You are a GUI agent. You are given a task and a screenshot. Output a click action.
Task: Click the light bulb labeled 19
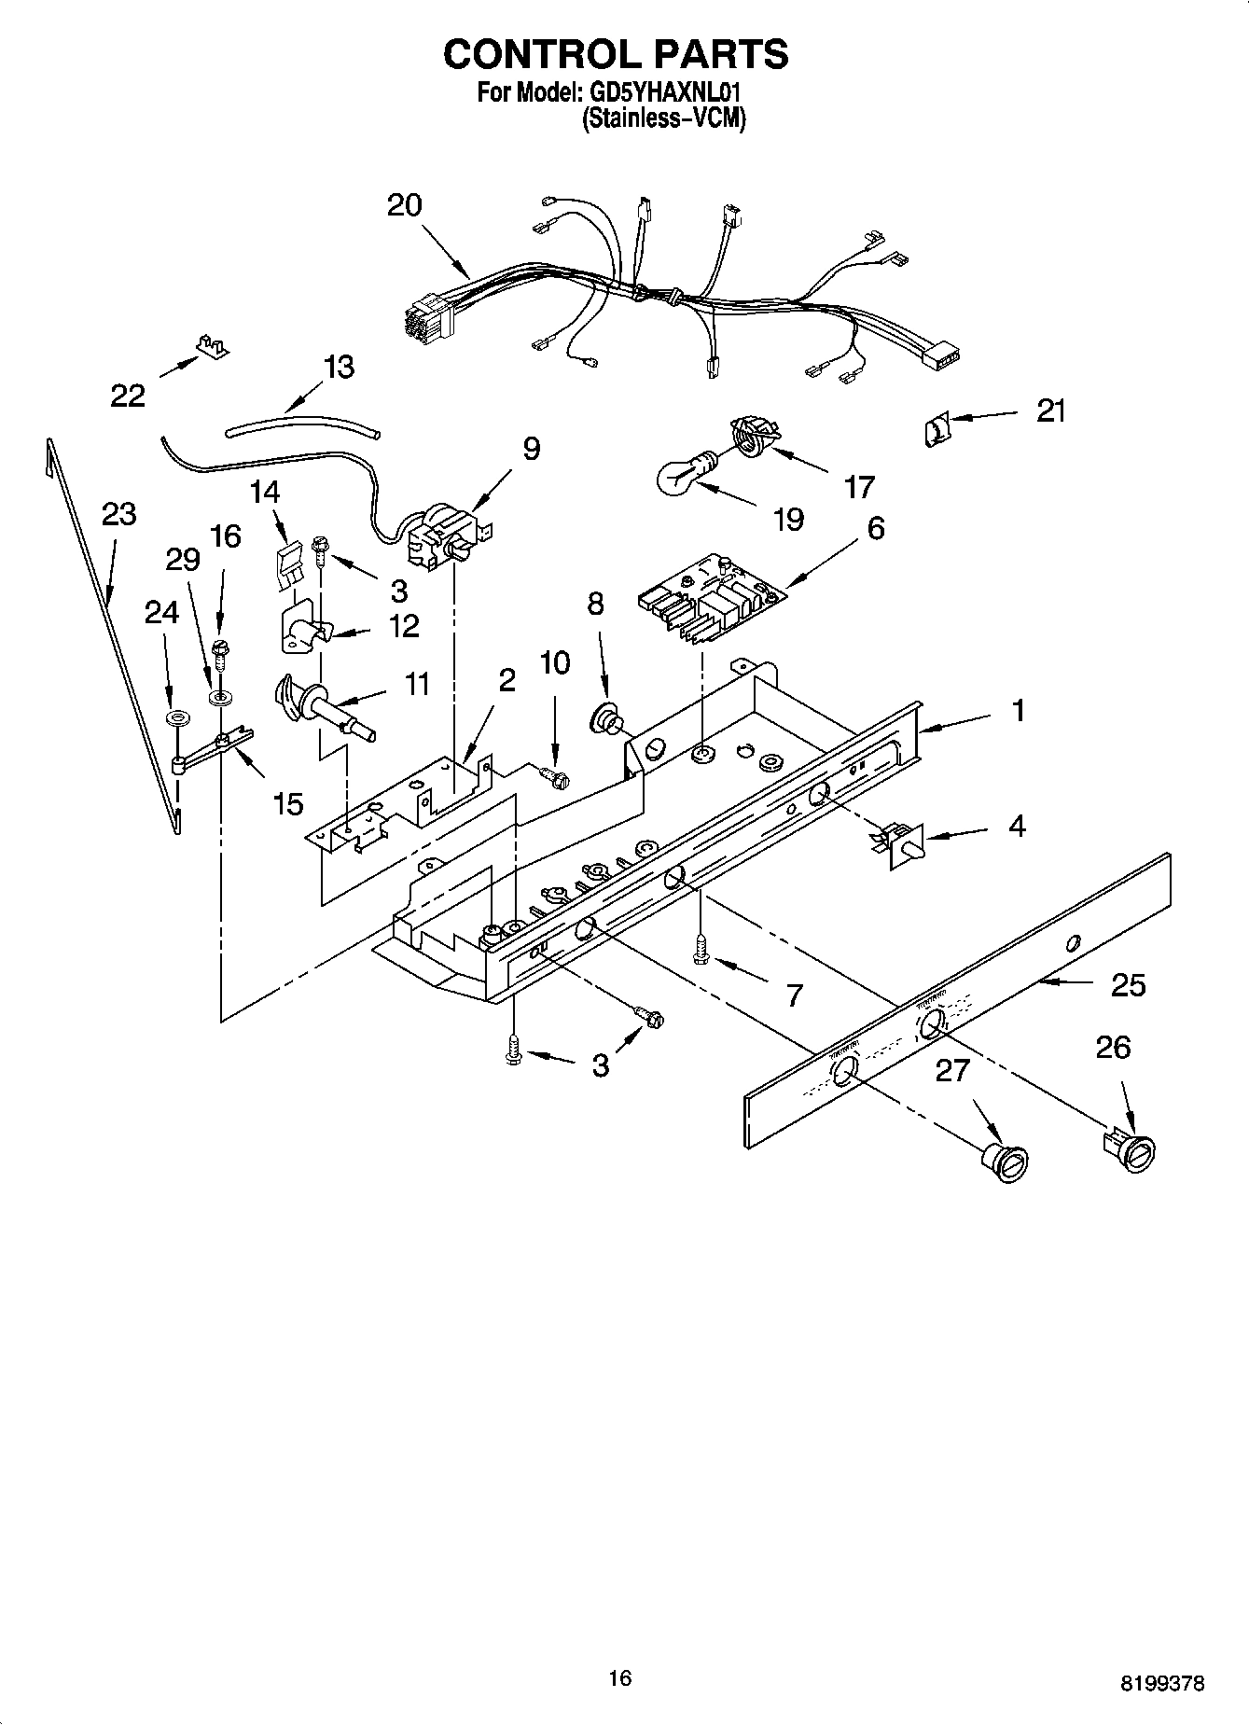[685, 473]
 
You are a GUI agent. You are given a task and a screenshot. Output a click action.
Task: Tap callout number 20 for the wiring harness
[405, 205]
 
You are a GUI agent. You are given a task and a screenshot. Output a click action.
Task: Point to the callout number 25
[1128, 985]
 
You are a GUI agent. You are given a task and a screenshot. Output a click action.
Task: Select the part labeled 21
[937, 429]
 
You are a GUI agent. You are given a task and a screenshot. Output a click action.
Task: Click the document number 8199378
[1161, 1684]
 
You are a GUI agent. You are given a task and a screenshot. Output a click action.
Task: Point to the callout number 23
[118, 514]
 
